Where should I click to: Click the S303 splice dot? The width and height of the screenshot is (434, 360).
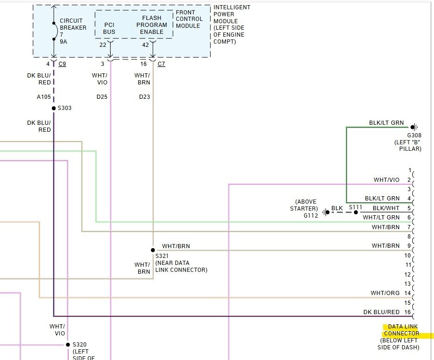[x=54, y=108]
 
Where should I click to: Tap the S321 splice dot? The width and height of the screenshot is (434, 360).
[x=153, y=250]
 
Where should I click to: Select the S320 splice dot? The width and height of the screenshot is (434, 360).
[x=68, y=345]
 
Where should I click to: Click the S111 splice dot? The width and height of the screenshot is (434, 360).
[x=356, y=212]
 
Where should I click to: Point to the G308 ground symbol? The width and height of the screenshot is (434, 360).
[x=414, y=127]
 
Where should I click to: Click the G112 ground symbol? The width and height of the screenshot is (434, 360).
[x=325, y=212]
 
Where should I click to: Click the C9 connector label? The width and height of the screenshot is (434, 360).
[x=62, y=64]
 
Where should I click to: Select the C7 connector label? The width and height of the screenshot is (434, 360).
[x=161, y=64]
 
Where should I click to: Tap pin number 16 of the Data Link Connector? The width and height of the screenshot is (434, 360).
[x=407, y=312]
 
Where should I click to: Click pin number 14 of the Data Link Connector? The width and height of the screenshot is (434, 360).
[x=407, y=293]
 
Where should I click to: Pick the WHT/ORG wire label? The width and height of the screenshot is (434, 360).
[x=385, y=293]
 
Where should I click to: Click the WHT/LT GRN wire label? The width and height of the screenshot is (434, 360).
[x=381, y=217]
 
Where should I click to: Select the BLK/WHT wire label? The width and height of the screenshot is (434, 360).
[x=386, y=208]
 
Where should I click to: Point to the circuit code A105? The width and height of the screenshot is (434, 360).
[x=44, y=97]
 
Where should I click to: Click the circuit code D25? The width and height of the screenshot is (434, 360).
[x=102, y=97]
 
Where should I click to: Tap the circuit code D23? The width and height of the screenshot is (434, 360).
[x=144, y=97]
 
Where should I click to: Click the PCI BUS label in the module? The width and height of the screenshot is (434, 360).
[x=110, y=28]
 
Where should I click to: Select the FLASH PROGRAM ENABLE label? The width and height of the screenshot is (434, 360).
[x=151, y=25]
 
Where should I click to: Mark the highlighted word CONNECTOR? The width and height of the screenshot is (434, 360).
[x=401, y=334]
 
